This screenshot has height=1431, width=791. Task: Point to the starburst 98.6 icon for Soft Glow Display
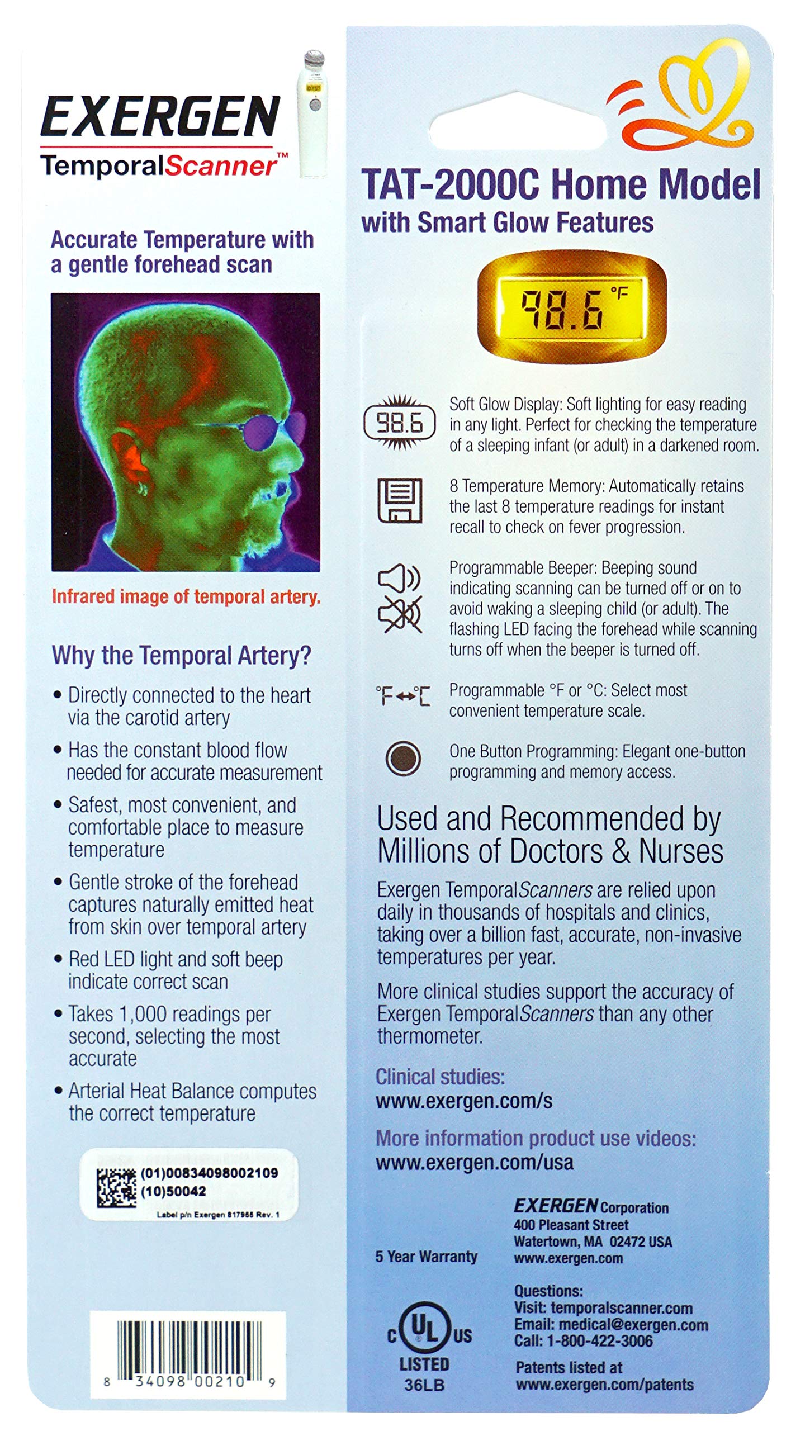[399, 423]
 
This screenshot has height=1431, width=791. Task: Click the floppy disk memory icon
[400, 500]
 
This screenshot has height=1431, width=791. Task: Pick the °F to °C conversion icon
[402, 696]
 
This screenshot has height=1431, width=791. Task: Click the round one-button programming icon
[403, 759]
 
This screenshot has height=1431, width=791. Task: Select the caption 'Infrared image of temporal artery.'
[186, 596]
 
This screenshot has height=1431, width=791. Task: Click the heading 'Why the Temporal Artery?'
[181, 655]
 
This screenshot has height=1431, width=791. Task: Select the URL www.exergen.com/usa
[475, 1162]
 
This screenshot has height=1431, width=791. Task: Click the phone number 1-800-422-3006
[599, 1340]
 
